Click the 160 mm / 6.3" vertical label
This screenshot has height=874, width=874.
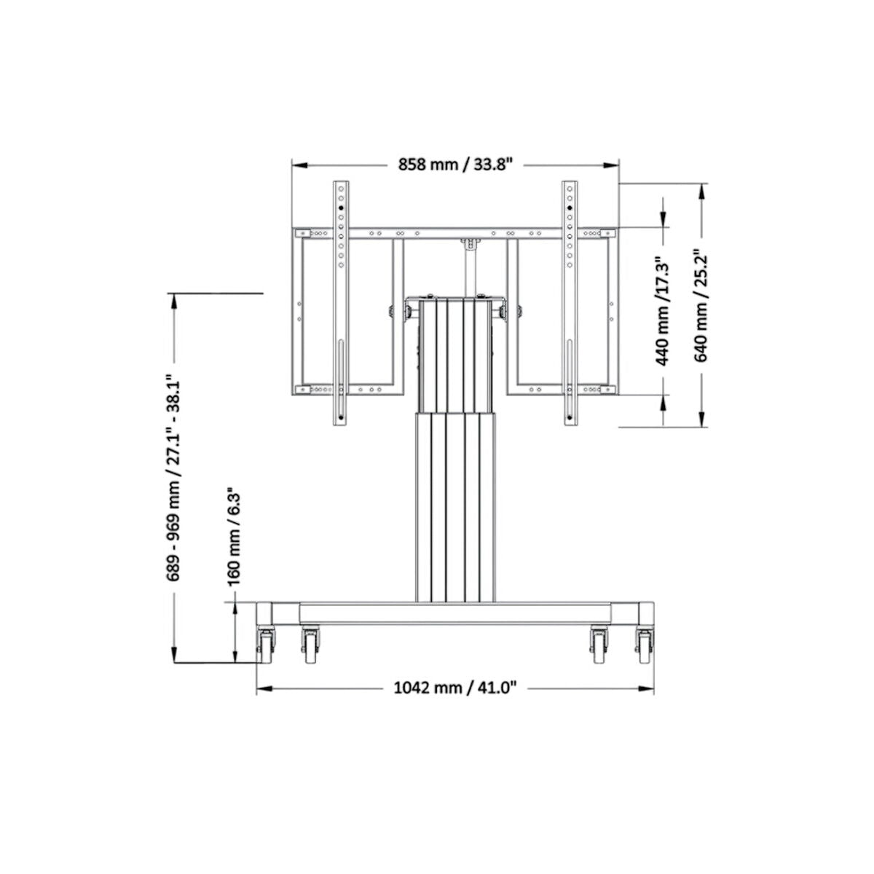coord(234,531)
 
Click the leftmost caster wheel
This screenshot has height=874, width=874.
coord(264,645)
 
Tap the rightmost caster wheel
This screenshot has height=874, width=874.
coord(644,645)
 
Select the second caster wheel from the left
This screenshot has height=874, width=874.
coord(311,645)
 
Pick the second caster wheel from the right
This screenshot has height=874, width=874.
coord(599,645)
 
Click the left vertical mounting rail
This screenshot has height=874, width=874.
coord(340,302)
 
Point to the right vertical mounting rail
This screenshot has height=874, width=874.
coord(569,302)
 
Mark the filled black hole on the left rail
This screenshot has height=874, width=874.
coord(340,208)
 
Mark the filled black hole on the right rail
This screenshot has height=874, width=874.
coord(569,208)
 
